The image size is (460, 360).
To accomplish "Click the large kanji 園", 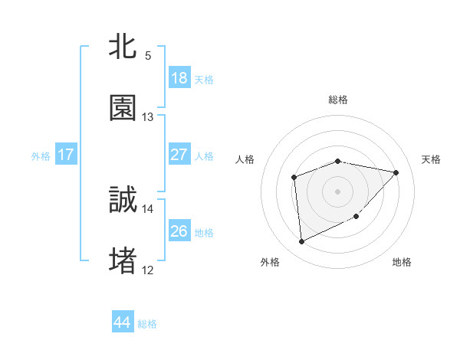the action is (x=123, y=109).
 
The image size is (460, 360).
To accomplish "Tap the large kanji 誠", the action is (x=123, y=201).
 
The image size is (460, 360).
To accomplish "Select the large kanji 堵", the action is (x=123, y=260).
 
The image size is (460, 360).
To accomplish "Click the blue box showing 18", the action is (x=179, y=78).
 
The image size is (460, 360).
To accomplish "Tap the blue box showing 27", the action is (x=179, y=155).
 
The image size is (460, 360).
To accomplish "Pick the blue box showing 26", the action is (x=179, y=231).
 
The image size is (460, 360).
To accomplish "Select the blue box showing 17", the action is (x=66, y=155).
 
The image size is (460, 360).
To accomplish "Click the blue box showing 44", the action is (x=123, y=322).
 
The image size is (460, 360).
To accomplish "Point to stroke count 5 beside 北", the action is (x=148, y=56).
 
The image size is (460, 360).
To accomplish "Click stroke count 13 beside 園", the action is (x=148, y=117).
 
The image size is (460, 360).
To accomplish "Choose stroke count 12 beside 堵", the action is (x=148, y=270).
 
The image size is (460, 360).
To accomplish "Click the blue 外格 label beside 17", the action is (x=41, y=155).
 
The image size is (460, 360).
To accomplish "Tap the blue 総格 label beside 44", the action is (x=147, y=324).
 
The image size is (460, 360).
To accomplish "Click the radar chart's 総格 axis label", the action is (x=338, y=100).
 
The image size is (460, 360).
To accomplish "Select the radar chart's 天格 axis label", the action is (x=432, y=159).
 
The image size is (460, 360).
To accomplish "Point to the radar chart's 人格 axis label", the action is (x=245, y=159).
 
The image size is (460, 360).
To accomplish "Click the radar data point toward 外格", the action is (x=301, y=242).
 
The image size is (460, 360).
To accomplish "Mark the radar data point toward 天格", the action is (x=396, y=172).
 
